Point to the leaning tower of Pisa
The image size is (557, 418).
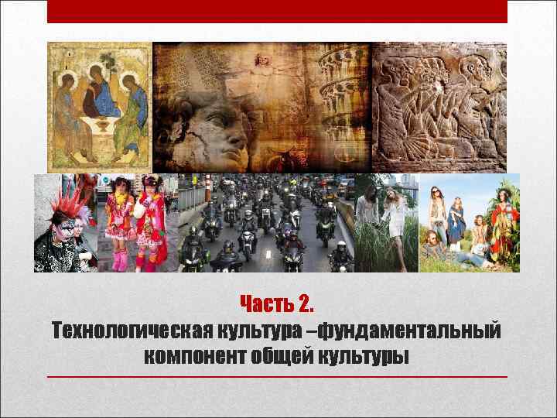(x=340, y=101)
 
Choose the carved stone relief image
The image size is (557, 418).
(x=439, y=106)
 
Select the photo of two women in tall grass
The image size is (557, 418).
(x=386, y=223)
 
